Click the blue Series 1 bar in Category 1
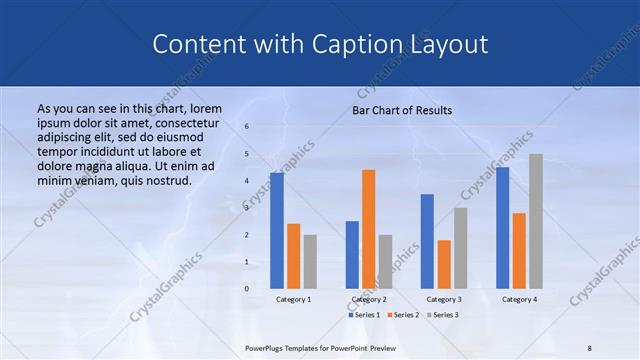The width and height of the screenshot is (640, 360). pyautogui.click(x=277, y=231)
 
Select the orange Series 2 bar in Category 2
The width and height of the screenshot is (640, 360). pyautogui.click(x=368, y=229)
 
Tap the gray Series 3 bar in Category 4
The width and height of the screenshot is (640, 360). pyautogui.click(x=536, y=221)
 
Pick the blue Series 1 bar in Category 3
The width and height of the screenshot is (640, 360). pyautogui.click(x=427, y=241)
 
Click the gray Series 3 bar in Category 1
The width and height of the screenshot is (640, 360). pyautogui.click(x=310, y=262)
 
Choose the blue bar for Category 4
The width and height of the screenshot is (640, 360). pyautogui.click(x=502, y=228)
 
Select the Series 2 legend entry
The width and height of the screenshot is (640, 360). pyautogui.click(x=404, y=315)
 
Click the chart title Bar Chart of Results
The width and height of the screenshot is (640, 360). pyautogui.click(x=402, y=110)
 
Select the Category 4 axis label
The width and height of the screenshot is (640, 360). pyautogui.click(x=519, y=299)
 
